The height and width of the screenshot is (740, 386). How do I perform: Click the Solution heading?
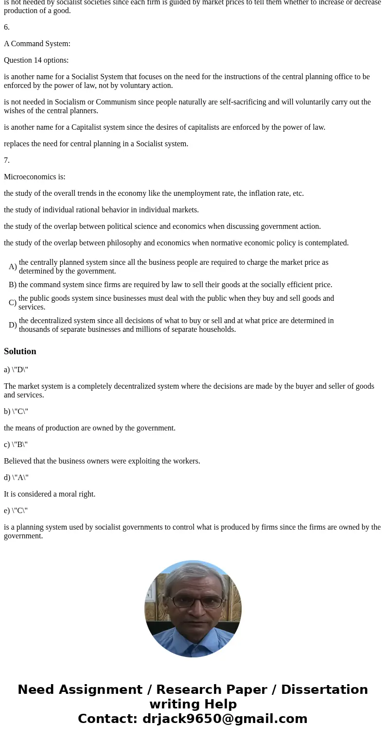coord(20,351)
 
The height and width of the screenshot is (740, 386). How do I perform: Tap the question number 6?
coord(7,27)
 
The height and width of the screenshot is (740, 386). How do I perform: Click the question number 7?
coord(7,160)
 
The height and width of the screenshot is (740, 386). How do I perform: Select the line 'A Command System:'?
coord(37,44)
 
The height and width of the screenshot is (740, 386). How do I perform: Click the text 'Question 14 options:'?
coord(36,60)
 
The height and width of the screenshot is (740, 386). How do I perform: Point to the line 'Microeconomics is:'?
coord(35,177)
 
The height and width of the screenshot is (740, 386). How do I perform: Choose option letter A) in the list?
coord(13,267)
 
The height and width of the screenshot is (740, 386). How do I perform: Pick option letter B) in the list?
coord(13,285)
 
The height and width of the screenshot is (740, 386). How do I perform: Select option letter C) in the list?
coord(13,303)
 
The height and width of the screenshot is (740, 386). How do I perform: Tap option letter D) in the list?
coord(13,325)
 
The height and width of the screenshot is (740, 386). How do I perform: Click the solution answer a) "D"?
coord(16,370)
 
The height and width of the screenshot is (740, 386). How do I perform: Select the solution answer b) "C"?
coord(16,412)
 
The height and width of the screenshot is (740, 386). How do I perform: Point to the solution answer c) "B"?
coord(16,445)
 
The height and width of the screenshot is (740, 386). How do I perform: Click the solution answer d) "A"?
coord(16,478)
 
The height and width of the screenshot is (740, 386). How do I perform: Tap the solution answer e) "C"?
coord(16,511)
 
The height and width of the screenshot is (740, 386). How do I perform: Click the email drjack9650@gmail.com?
coord(225,719)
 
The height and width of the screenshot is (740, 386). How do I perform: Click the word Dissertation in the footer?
coord(324,690)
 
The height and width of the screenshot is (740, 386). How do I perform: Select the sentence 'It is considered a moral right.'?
coord(50,494)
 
